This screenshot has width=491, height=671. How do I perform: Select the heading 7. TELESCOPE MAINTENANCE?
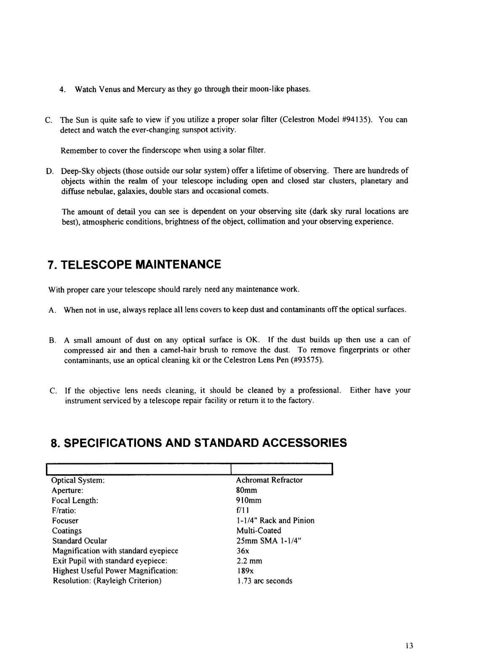coord(134,265)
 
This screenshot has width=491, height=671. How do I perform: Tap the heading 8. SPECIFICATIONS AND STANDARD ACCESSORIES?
coord(198,443)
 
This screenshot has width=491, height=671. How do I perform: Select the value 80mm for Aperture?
coord(246,490)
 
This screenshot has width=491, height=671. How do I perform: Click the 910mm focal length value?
coord(248,500)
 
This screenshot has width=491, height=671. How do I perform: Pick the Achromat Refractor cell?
coord(269,480)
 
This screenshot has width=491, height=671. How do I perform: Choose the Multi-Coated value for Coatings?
coord(259,531)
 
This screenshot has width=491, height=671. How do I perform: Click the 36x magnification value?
coord(243,551)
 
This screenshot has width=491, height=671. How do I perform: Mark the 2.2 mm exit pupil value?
coord(249,561)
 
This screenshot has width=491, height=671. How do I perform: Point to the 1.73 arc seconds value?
coord(264,581)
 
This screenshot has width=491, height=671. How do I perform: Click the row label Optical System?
coord(78,480)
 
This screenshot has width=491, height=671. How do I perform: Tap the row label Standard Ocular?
coord(80,541)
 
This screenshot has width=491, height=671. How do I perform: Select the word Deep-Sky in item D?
coord(76,171)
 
